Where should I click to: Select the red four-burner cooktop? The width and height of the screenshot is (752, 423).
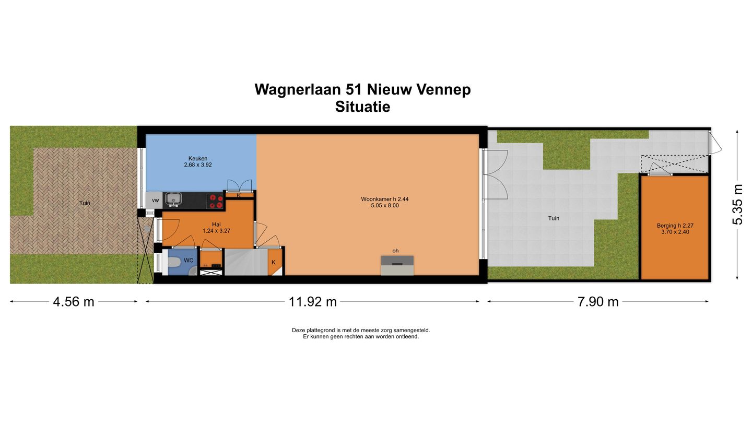coord(215,201)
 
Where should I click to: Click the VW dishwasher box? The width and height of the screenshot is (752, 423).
coord(155,200)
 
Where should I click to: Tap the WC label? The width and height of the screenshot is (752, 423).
coord(189,260)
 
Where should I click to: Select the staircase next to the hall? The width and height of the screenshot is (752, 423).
coord(245,262)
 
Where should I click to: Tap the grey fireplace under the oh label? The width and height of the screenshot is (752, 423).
coord(397,265)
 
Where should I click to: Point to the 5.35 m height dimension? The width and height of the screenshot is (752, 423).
coord(737,204)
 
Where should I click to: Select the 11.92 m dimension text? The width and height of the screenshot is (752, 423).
coord(313,301)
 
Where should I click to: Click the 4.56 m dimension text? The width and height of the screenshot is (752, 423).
coord(74,301)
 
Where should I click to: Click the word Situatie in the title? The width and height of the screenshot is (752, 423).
coord(362,107)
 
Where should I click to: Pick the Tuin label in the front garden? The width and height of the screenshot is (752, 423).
coord(84,203)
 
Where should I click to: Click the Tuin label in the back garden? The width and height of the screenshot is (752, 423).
coord(554,218)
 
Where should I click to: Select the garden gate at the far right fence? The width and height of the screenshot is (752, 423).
coord(714,142)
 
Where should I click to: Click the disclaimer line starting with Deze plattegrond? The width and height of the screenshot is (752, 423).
coord(361,330)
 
